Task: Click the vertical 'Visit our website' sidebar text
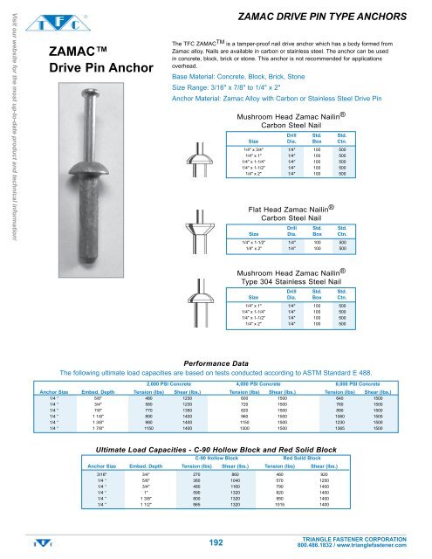[8, 122]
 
